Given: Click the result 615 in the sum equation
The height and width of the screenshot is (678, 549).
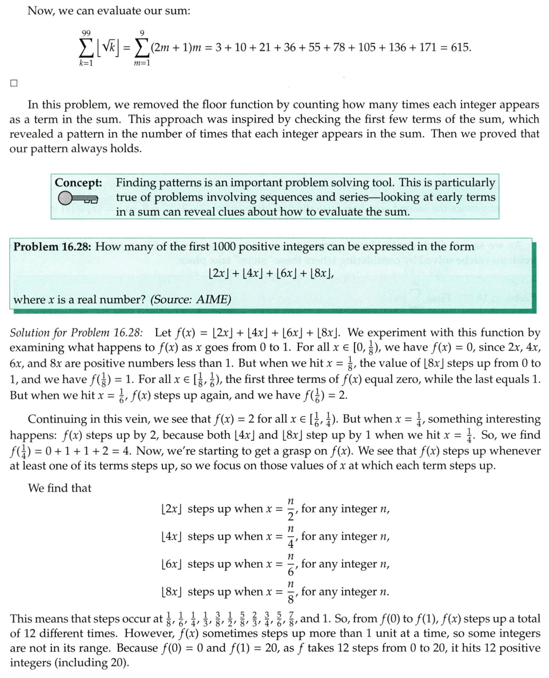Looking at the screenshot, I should click(460, 47).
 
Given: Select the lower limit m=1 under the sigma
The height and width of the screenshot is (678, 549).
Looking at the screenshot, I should click(141, 63).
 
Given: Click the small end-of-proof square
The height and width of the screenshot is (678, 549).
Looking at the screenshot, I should click(14, 82).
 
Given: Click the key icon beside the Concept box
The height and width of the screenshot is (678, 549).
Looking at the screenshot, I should click(78, 199).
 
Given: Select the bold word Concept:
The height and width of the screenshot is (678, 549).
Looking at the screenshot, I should click(78, 183).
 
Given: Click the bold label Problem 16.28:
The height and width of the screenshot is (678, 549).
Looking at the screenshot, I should click(53, 247).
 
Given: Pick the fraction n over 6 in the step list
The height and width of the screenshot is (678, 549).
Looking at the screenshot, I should click(291, 565).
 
